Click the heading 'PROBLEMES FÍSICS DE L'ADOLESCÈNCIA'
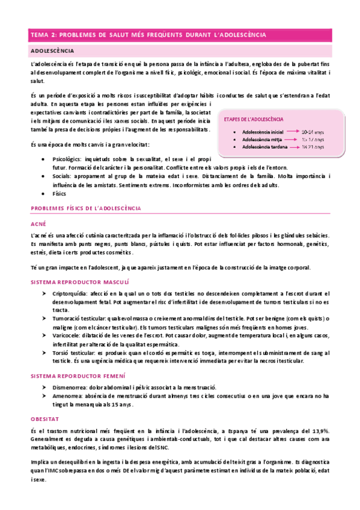[x=85, y=208]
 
